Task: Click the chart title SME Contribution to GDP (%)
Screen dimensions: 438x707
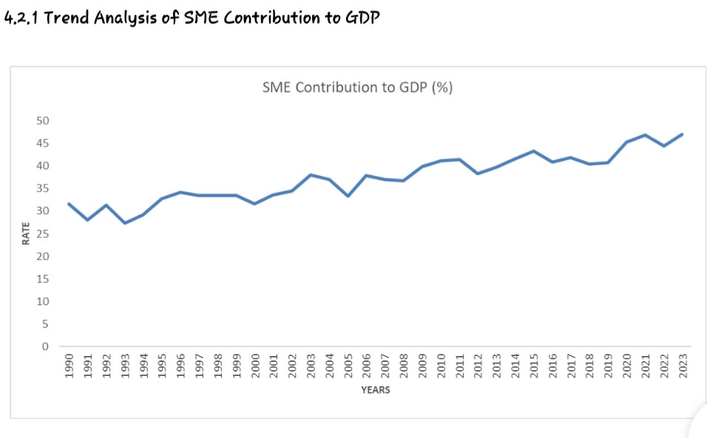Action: pyautogui.click(x=357, y=87)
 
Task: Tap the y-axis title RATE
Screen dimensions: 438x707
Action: pyautogui.click(x=25, y=233)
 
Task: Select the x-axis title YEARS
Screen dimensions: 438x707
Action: pyautogui.click(x=376, y=390)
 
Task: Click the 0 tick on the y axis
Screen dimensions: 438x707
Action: pyautogui.click(x=45, y=346)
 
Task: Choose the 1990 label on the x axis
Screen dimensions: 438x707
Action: pyautogui.click(x=69, y=366)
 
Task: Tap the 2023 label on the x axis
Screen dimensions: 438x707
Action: pyautogui.click(x=683, y=366)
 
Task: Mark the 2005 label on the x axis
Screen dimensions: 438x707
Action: pyautogui.click(x=348, y=366)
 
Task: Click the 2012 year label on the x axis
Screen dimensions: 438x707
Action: pyautogui.click(x=478, y=366)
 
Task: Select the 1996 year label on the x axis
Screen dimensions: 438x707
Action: pyautogui.click(x=180, y=366)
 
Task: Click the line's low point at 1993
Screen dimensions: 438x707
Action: pyautogui.click(x=125, y=223)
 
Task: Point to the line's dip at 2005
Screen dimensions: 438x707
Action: pyautogui.click(x=348, y=196)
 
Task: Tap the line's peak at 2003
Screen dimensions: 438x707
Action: pyautogui.click(x=311, y=175)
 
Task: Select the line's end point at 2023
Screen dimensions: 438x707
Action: pyautogui.click(x=682, y=134)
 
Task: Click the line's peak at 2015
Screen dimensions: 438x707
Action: pyautogui.click(x=533, y=151)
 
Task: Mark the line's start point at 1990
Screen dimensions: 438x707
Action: pyautogui.click(x=69, y=204)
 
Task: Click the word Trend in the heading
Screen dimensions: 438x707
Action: pyautogui.click(x=70, y=18)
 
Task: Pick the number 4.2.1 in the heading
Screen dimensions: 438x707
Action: pyautogui.click(x=21, y=18)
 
